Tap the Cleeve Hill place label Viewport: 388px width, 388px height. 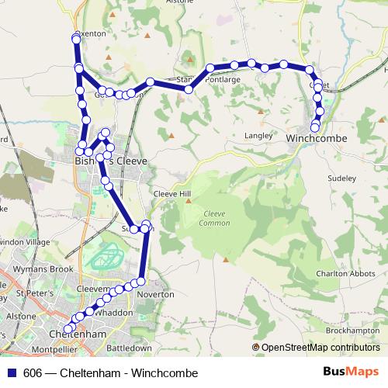171,193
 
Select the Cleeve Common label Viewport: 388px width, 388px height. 216,218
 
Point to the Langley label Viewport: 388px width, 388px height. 258,135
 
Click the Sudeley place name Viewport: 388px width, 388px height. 341,178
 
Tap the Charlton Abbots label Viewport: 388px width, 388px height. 345,274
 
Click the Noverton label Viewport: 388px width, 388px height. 151,295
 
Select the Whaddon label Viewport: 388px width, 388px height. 116,312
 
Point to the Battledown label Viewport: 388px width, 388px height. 129,348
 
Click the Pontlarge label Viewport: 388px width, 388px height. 223,79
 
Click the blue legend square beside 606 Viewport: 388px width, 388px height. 10,373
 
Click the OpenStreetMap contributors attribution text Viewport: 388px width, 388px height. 320,348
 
